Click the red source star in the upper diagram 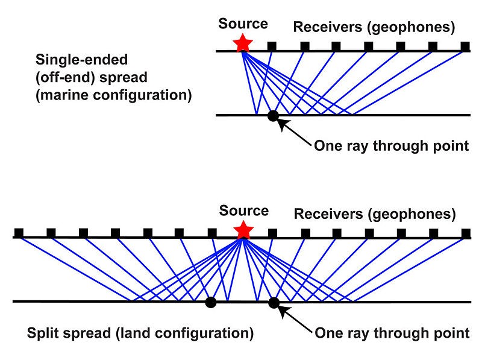coord(243,43)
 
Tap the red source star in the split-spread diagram coord(243,230)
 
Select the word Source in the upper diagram coord(243,24)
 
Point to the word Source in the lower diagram coord(243,211)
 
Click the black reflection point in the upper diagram coord(273,116)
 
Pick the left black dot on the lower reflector coord(210,302)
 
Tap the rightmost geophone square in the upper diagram coord(465,46)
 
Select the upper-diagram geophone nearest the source coord(272,46)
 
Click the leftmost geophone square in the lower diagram coord(19,232)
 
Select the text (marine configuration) coord(113,95)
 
